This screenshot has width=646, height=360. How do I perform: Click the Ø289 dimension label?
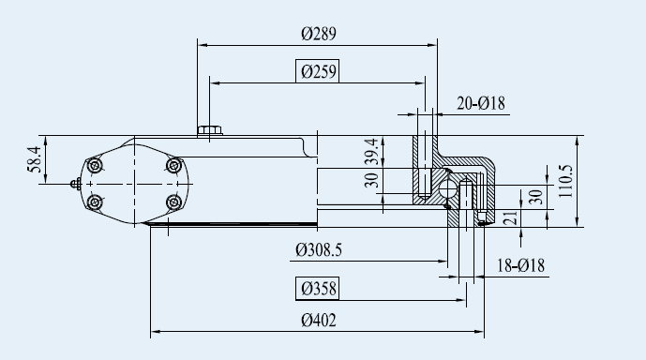319,34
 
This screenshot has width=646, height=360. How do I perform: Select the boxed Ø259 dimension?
317,71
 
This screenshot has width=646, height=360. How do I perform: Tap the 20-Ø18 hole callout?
481,103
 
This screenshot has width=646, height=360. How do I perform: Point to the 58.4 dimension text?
35,159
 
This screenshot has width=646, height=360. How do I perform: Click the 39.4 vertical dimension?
371,152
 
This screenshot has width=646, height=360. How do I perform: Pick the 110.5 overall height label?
565,181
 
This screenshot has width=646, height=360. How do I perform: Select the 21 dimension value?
511,217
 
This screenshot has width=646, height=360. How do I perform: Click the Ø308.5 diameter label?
319,250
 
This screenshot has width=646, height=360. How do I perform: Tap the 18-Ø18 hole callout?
520,265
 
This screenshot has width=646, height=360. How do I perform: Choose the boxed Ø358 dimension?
317,289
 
